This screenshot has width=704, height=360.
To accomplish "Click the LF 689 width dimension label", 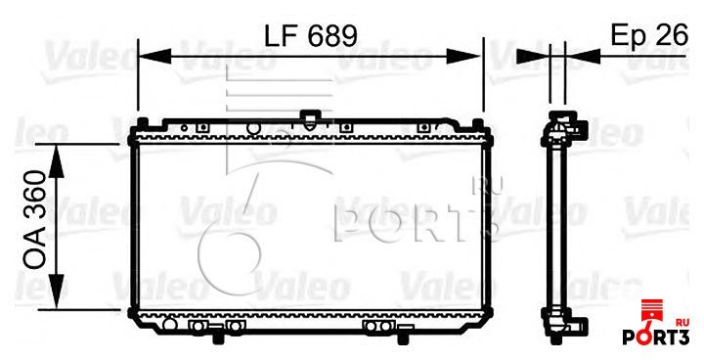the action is [x=310, y=35].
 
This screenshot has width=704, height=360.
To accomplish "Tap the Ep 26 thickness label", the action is [x=649, y=35].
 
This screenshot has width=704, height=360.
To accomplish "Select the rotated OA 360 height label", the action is [x=35, y=220].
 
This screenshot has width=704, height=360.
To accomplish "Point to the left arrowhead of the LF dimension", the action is [x=154, y=56].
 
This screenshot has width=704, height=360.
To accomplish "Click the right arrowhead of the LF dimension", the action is [x=463, y=56].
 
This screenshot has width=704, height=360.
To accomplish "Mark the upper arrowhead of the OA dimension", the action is [x=57, y=161].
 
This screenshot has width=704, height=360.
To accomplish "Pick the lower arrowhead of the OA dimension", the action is [x=57, y=292].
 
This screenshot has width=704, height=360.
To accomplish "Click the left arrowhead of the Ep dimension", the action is [x=533, y=56].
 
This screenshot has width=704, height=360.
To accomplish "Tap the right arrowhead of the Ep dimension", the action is [x=583, y=56].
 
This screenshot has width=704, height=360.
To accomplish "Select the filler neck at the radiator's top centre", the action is [x=308, y=119].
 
